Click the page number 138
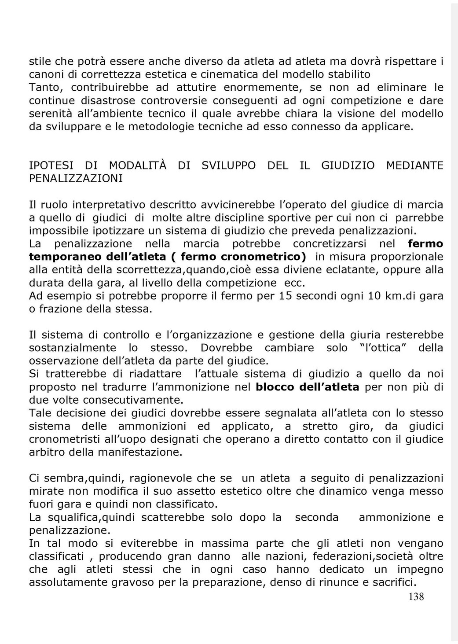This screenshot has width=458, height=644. [416, 597]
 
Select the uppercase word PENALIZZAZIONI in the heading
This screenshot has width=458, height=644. [76, 179]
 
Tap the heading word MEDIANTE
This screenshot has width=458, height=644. [414, 166]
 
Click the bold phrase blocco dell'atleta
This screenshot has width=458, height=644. [308, 387]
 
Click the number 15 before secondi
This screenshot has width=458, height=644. [285, 296]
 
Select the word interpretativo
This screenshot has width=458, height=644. [109, 205]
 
